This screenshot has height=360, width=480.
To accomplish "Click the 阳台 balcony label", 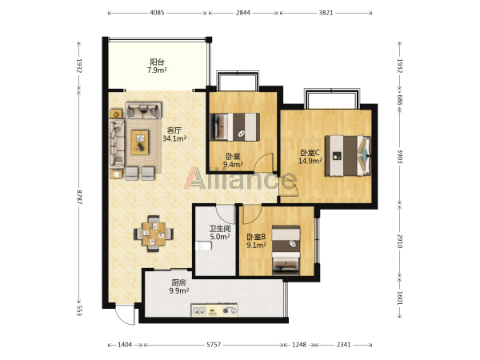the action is tap(157, 62).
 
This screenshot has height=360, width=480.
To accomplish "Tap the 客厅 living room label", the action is tap(174, 130).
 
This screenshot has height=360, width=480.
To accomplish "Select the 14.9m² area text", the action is tap(310, 161).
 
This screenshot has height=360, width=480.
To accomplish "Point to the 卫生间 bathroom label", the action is tap(220, 229).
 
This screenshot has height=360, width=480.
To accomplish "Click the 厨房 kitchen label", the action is tap(178, 282).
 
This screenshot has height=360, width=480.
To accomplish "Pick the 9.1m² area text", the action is tap(256, 245).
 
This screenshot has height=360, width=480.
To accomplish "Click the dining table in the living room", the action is tap(154, 234).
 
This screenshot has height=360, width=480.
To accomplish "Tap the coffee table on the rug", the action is tap(140, 142).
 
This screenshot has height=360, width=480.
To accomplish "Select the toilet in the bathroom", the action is tap(203, 246).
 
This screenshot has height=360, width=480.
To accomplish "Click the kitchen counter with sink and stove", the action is tap(214, 310).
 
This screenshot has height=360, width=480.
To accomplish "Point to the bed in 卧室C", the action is tap(348, 156).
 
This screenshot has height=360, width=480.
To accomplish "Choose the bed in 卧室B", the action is tap(286, 250).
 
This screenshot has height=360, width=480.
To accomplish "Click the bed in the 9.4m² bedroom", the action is tap(234, 127).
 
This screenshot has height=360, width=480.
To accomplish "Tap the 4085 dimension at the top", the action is tap(157, 13).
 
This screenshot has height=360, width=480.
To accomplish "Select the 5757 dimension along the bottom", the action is tap(214, 345).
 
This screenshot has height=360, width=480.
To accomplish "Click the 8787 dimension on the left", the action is tap(79, 197).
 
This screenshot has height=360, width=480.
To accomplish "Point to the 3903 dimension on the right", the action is tap(400, 156).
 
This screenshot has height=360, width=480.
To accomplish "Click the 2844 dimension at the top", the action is tap(243, 13).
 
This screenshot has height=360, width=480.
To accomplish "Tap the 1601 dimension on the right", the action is tap(400, 298).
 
